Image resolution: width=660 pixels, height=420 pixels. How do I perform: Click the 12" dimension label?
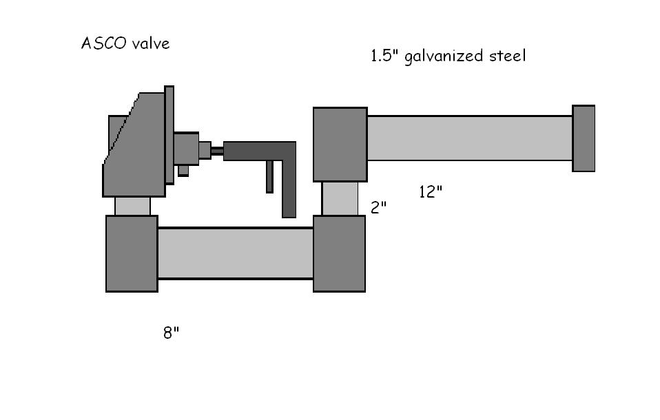430,192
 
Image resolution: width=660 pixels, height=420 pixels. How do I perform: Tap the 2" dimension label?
378,207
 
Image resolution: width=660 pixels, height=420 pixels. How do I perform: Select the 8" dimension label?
171,333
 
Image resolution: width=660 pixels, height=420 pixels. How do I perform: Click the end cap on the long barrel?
584,138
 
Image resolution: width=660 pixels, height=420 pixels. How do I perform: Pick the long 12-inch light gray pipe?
469,138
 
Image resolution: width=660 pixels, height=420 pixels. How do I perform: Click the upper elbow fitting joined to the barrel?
340,145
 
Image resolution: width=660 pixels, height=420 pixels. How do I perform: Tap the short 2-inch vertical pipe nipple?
340,198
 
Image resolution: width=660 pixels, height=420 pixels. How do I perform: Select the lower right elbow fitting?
339,253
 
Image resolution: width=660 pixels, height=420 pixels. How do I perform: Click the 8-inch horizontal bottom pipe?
235,253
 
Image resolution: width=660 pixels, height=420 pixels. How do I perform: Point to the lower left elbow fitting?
132,253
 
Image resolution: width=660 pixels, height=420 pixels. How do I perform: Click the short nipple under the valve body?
132,206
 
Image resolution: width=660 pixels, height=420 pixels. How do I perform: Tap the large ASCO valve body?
134,155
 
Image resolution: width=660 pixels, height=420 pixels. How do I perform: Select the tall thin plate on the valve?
169,135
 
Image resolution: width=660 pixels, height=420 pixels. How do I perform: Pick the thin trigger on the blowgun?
269,176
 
